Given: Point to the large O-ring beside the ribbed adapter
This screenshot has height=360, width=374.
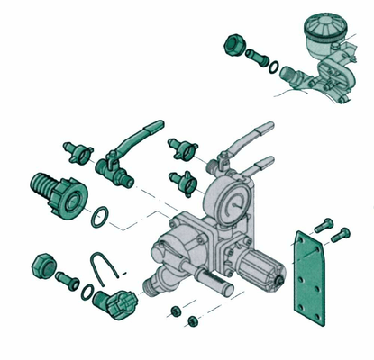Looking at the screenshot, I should coord(103,216).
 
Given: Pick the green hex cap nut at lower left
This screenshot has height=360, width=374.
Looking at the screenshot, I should coord(41,265).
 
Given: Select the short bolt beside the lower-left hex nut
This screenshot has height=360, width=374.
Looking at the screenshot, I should coord(66,277).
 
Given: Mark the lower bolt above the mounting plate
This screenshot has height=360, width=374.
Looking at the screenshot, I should coord(340,236).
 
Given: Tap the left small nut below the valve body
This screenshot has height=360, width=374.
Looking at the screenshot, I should coord(172,310).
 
